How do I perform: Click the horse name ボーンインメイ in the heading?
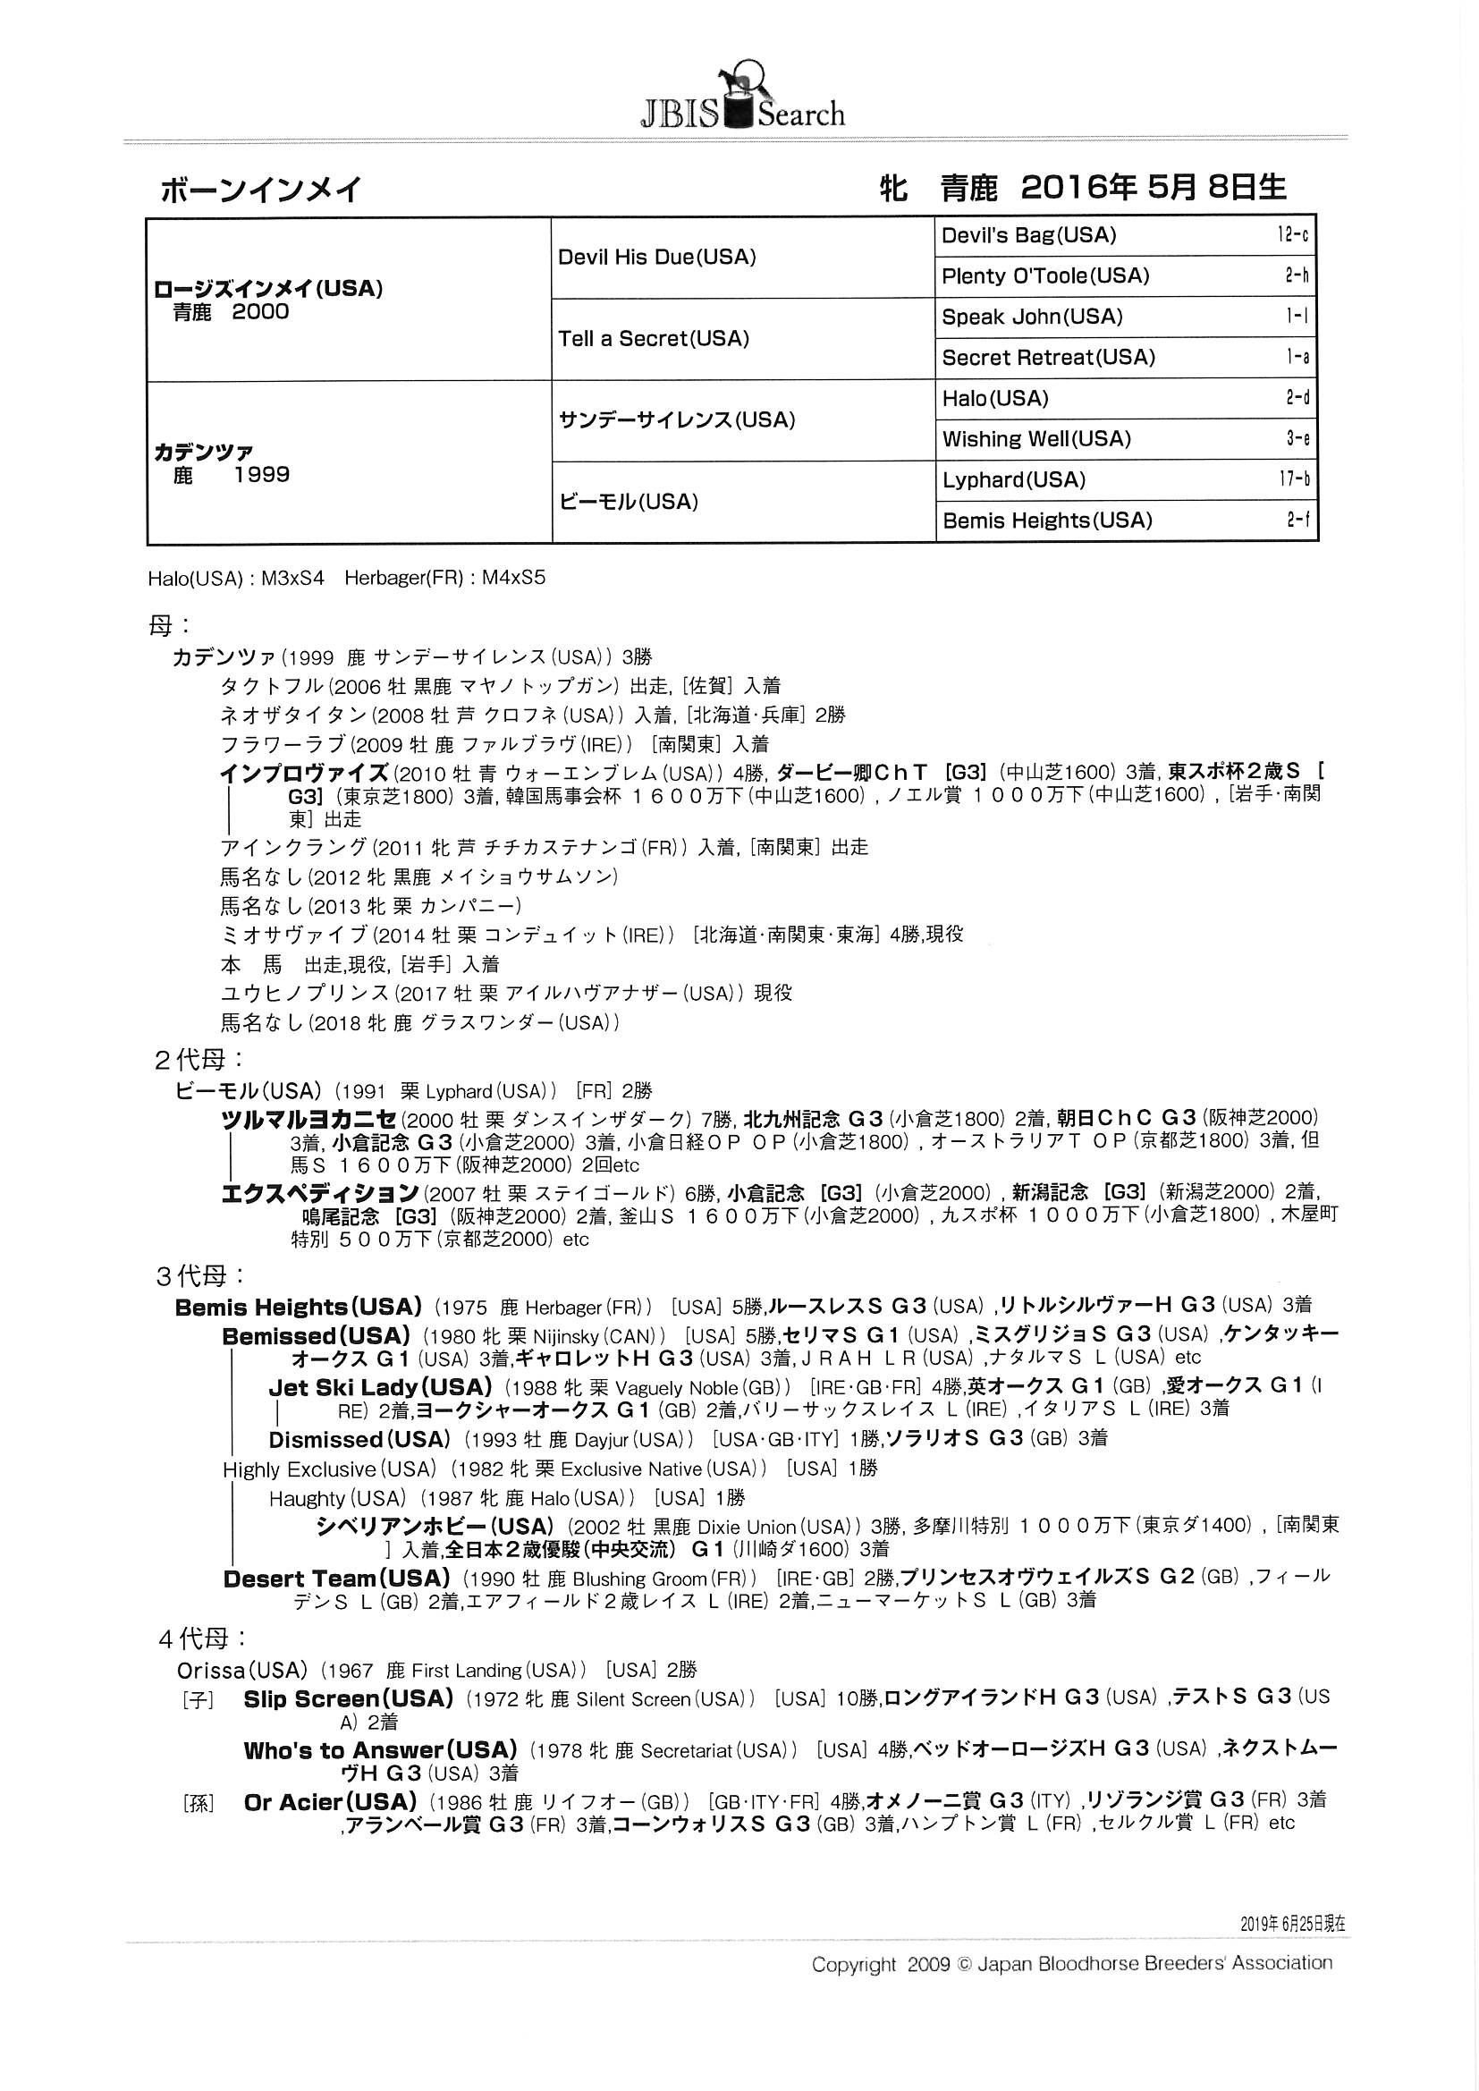(x=261, y=190)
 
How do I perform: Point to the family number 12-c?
(x=1292, y=236)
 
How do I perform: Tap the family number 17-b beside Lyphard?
(x=1293, y=480)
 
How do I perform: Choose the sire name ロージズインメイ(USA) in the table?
(x=267, y=289)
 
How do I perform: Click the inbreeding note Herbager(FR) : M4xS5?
(x=444, y=578)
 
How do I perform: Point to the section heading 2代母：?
(x=199, y=1060)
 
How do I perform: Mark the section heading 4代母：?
(x=202, y=1638)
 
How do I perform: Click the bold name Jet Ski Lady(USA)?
(x=380, y=1387)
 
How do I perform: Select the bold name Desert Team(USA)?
(x=337, y=1579)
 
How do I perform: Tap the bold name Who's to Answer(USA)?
(x=380, y=1749)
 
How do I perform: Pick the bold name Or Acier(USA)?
(x=330, y=1801)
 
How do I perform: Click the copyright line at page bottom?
(x=1071, y=1963)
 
